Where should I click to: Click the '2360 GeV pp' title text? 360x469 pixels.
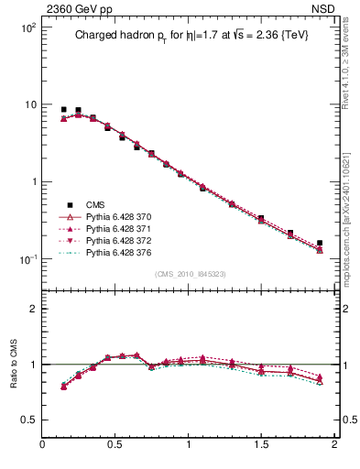click(77, 9)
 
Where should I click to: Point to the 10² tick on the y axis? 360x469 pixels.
click(27, 27)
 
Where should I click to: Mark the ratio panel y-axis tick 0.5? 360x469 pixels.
click(29, 420)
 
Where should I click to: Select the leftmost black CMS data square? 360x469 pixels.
click(63, 110)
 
